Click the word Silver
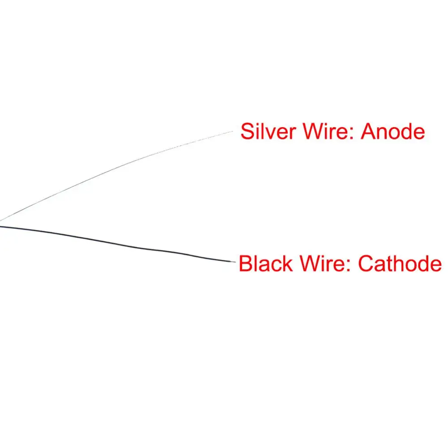coord(268,132)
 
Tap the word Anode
coord(393,132)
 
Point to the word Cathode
coord(400,263)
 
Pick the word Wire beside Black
coord(323,263)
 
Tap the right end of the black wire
coord(234,262)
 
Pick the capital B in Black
coord(245,263)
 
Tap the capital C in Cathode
coord(366,263)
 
